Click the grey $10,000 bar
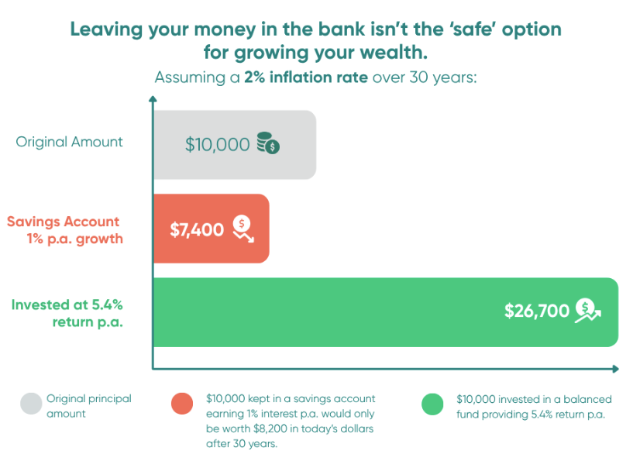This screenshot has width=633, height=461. pos(235,145)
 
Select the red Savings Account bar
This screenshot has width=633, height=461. pos(212,229)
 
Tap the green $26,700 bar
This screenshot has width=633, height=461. pos(386,312)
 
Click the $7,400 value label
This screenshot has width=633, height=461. pos(197,229)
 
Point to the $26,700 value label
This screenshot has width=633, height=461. pos(536,311)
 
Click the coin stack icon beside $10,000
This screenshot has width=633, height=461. pos(268,143)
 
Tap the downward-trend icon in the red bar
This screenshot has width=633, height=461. pos(243,229)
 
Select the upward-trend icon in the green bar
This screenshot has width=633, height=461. pos(588,311)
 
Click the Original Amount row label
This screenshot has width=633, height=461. pos(69,142)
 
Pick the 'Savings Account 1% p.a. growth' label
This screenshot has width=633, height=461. pos(65,230)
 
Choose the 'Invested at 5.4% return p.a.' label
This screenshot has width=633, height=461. pos(67,313)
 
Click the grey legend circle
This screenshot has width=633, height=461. pos(31,404)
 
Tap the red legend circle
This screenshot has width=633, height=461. pos(182,404)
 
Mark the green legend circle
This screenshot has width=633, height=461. pos(432,404)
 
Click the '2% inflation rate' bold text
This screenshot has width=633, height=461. pos(306,77)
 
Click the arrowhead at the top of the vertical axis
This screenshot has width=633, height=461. pos(153,99)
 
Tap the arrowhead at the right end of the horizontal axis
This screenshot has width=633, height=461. pos(616,369)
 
